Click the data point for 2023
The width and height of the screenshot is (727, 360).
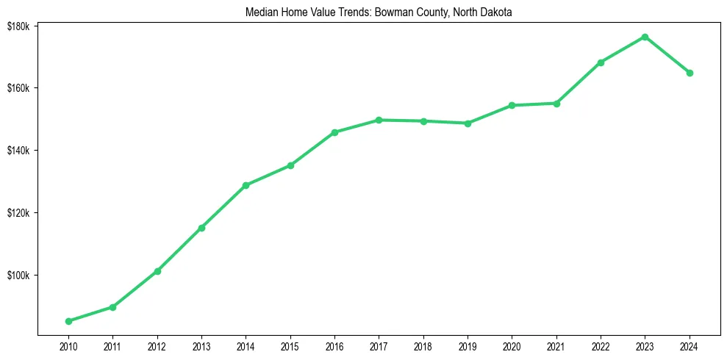click(x=645, y=37)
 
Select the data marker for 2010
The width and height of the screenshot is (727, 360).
click(x=68, y=321)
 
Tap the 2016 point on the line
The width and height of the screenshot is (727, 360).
click(x=334, y=132)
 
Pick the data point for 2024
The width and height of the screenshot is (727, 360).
click(x=690, y=73)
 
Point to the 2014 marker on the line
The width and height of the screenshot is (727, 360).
click(x=246, y=185)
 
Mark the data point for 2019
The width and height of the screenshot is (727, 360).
click(x=468, y=123)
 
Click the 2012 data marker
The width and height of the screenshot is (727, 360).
click(x=157, y=271)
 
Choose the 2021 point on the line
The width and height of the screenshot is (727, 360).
click(x=556, y=104)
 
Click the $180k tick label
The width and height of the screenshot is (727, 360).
click(x=18, y=26)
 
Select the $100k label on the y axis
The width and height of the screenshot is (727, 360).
click(x=18, y=276)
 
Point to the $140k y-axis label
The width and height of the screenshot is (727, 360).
click(x=18, y=151)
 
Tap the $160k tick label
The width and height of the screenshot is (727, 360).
click(x=18, y=88)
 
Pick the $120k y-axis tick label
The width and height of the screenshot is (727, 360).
click(x=18, y=213)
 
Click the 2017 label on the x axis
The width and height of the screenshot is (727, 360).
click(x=379, y=346)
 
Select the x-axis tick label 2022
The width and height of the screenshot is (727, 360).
click(x=601, y=346)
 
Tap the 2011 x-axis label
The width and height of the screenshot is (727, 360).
click(x=112, y=346)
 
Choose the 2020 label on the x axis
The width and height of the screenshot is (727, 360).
click(x=512, y=346)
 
